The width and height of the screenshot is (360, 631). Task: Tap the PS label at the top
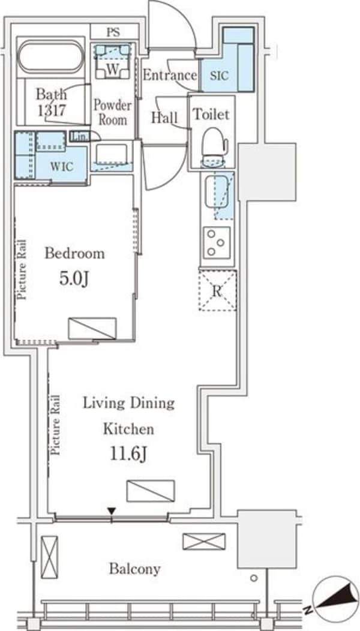click(113, 32)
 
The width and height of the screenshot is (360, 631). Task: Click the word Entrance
click(170, 75)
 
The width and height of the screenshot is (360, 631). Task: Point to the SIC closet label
click(219, 75)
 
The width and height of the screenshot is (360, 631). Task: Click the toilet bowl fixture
click(214, 146)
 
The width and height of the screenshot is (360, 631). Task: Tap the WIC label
click(62, 167)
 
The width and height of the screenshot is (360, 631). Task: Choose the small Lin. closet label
click(79, 136)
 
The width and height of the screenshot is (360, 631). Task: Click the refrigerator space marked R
click(217, 290)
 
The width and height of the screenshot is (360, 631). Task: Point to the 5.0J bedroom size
click(74, 279)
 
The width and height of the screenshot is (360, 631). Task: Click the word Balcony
click(134, 569)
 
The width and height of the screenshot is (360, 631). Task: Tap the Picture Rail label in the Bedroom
click(22, 270)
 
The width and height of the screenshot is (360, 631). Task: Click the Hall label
click(164, 118)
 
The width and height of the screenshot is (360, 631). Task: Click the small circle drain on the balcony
click(253, 578)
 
